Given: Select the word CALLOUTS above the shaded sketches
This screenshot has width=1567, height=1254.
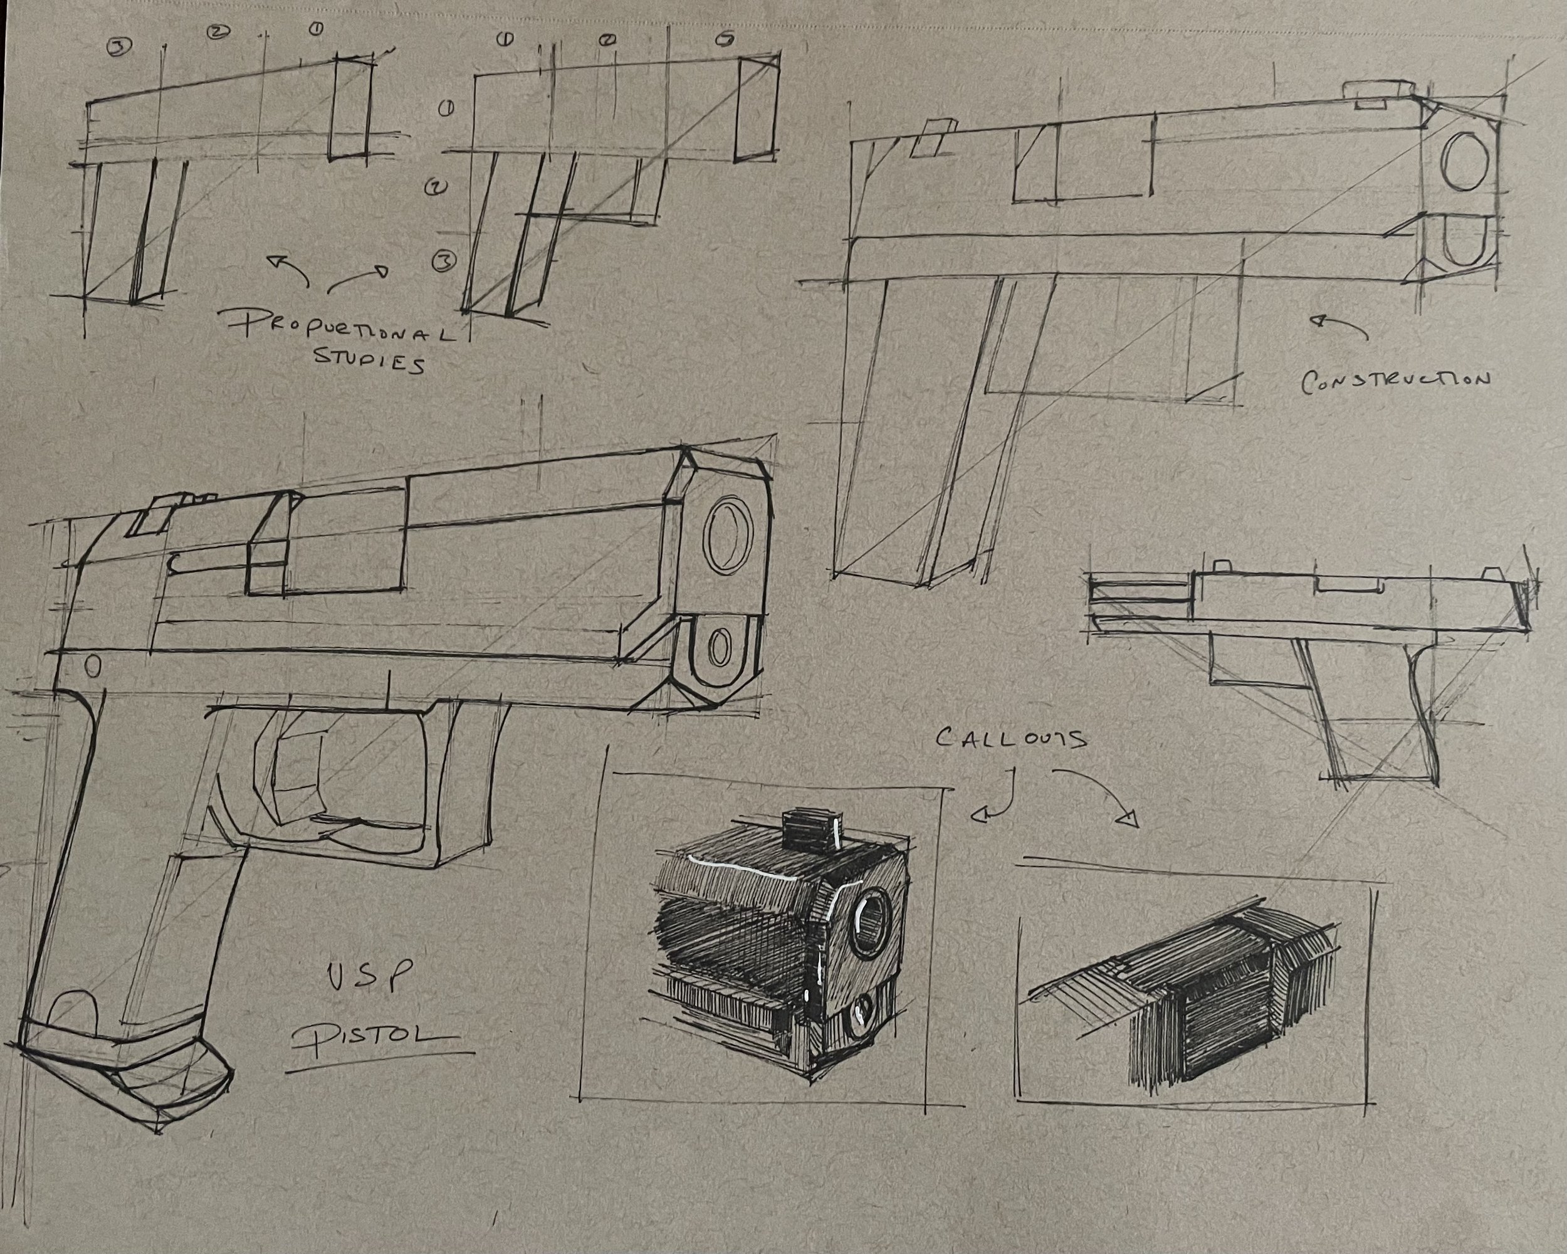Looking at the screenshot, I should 1011,739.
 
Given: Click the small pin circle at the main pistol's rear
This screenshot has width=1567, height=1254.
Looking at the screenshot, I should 92,666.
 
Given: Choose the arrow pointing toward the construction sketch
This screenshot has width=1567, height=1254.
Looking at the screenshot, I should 1339,327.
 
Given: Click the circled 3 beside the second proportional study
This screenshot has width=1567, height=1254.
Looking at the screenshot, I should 444,261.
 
